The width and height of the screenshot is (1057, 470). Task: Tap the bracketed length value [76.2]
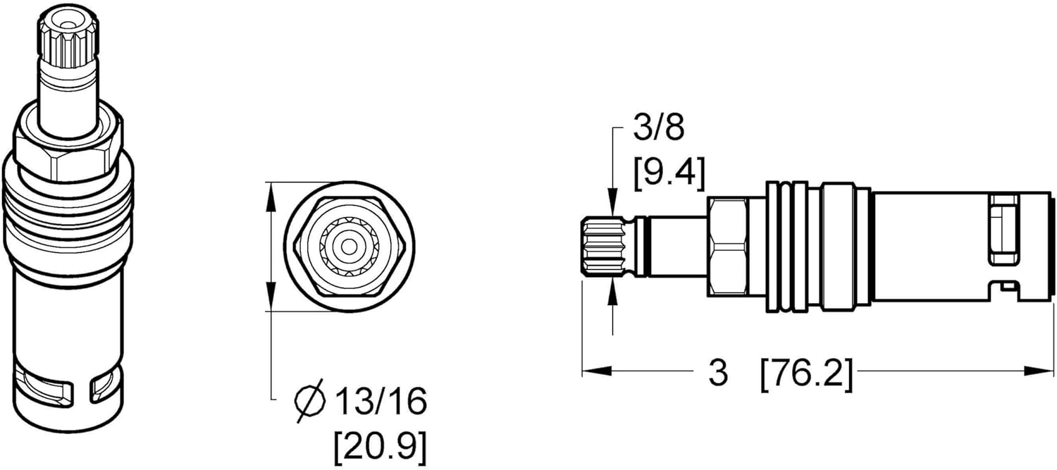(x=806, y=373)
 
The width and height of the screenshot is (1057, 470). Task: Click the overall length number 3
(x=717, y=373)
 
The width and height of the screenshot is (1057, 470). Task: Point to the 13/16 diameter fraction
(x=381, y=402)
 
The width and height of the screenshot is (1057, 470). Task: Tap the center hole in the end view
(x=347, y=247)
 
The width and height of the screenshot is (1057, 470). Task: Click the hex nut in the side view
(x=727, y=247)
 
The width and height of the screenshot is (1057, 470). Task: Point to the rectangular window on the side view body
(x=1004, y=230)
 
